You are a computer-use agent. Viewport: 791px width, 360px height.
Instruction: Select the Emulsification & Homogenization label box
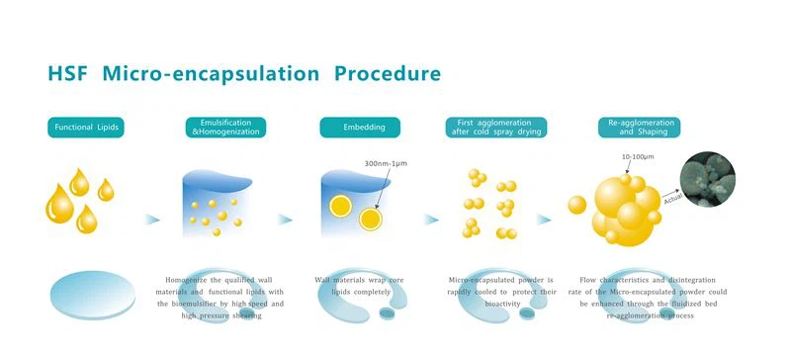225,128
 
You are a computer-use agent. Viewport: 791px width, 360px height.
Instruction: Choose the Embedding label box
359,128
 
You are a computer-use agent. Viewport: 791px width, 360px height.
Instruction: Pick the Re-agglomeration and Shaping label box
631,128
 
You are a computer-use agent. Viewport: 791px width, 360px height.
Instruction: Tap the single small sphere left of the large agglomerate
577,205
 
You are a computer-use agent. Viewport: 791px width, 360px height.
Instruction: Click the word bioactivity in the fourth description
493,304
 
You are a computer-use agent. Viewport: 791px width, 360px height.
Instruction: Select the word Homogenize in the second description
188,280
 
